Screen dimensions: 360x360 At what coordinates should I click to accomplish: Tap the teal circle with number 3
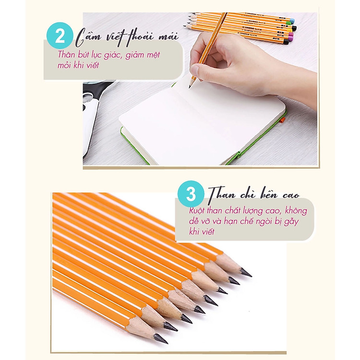tap(191, 194)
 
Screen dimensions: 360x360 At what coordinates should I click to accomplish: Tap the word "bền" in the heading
tap(263, 194)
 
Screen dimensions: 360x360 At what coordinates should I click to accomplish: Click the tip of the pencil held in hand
tap(191, 86)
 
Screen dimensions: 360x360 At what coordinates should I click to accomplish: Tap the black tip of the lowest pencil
tap(161, 340)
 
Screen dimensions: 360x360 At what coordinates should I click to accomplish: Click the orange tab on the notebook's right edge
tap(283, 120)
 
